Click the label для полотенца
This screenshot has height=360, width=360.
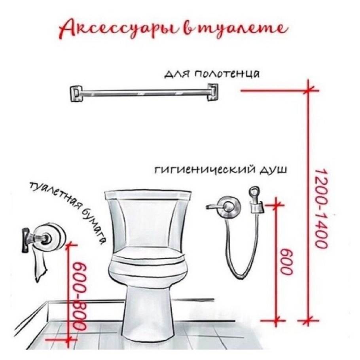coord(212,74)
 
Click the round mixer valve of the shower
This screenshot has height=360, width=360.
coord(229,206)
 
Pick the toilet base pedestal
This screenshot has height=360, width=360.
coord(148,313)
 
